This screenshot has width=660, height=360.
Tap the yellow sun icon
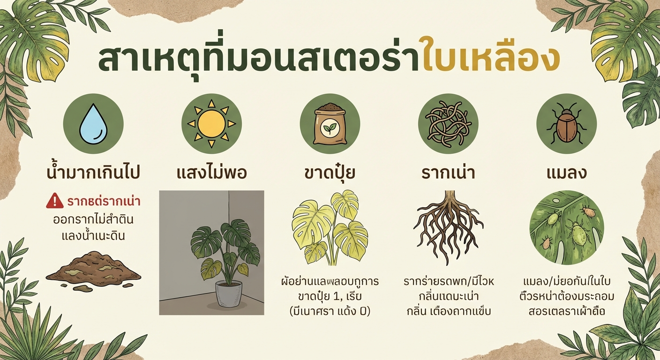click(211, 124)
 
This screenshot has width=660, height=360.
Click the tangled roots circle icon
click(448, 124)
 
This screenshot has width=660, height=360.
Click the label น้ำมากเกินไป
click(93, 173)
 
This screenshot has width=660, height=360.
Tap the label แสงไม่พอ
click(212, 173)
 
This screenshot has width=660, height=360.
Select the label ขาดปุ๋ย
click(330, 173)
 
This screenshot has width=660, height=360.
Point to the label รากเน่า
click(448, 173)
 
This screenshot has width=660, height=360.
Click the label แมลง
click(566, 173)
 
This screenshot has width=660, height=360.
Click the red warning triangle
click(54, 202)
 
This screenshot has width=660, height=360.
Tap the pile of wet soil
click(93, 271)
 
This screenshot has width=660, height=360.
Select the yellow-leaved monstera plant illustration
click(330, 227)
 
